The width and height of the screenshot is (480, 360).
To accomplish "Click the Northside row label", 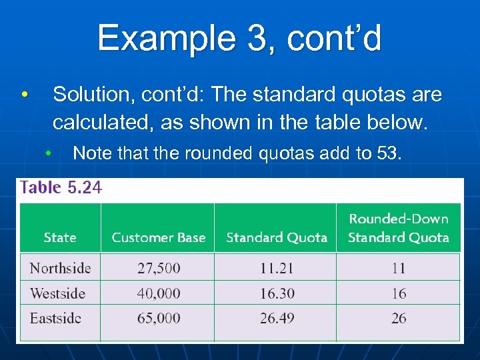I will (60, 268).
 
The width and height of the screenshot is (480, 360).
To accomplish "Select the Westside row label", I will (58, 293).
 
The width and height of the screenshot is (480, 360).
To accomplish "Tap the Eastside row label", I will (55, 318).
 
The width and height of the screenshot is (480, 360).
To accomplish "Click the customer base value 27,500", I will (159, 268).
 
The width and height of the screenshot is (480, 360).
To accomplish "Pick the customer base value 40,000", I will (159, 293).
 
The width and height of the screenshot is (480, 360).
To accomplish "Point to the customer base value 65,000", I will (159, 318).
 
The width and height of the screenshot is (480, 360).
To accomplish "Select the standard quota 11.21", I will (277, 268).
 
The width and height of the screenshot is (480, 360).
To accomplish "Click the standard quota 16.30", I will (277, 293).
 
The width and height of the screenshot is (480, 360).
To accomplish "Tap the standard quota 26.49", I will (277, 318).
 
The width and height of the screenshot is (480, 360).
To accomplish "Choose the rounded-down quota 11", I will (399, 268).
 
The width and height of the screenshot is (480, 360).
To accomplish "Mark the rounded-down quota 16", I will (399, 293).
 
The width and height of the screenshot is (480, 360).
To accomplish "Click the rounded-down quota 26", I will (399, 318).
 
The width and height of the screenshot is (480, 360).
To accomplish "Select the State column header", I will (60, 237).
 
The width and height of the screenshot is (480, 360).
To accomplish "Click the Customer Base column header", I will (159, 237).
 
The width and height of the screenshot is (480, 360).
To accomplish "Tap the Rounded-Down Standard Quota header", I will (399, 228).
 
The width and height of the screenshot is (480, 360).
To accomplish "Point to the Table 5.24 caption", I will (61, 187).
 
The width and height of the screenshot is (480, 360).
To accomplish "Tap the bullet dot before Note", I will (49, 153).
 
